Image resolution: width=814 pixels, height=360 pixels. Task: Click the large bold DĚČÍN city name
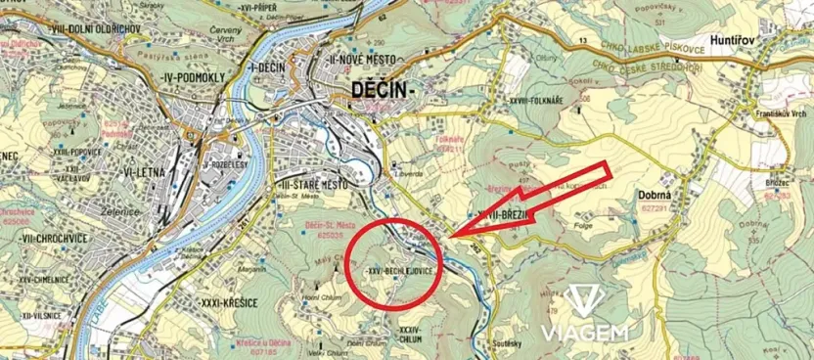[x=383, y=91]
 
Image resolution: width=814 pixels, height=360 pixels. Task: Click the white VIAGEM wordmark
[x=585, y=333]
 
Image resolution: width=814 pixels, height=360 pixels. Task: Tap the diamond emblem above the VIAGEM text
[x=585, y=300]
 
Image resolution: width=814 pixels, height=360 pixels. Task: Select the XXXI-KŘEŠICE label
[x=226, y=302]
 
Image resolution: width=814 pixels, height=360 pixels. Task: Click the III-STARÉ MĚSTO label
[x=311, y=184]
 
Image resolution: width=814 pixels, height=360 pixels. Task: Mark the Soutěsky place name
[x=518, y=344]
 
